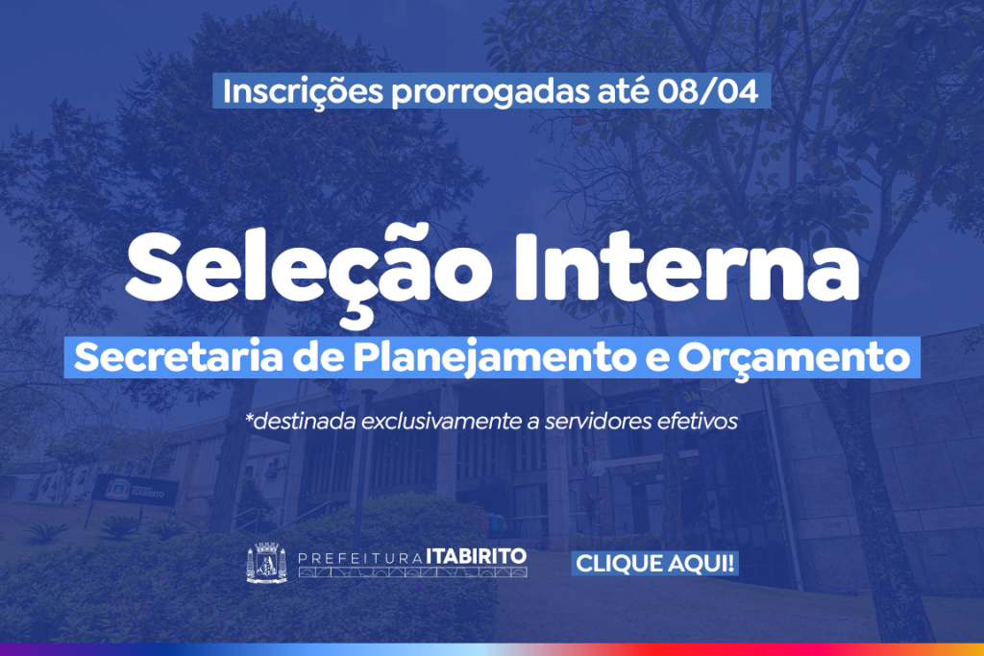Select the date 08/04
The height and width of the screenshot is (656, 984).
point(708,91)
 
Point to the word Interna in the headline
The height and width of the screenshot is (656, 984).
point(687,267)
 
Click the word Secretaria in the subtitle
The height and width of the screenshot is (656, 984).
point(179,357)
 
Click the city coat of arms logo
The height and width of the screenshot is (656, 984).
point(267,563)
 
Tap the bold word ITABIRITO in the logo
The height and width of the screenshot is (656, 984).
point(477,556)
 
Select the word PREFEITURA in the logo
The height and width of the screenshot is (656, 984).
point(360,557)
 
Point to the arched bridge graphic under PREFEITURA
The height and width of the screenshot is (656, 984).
point(412,572)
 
